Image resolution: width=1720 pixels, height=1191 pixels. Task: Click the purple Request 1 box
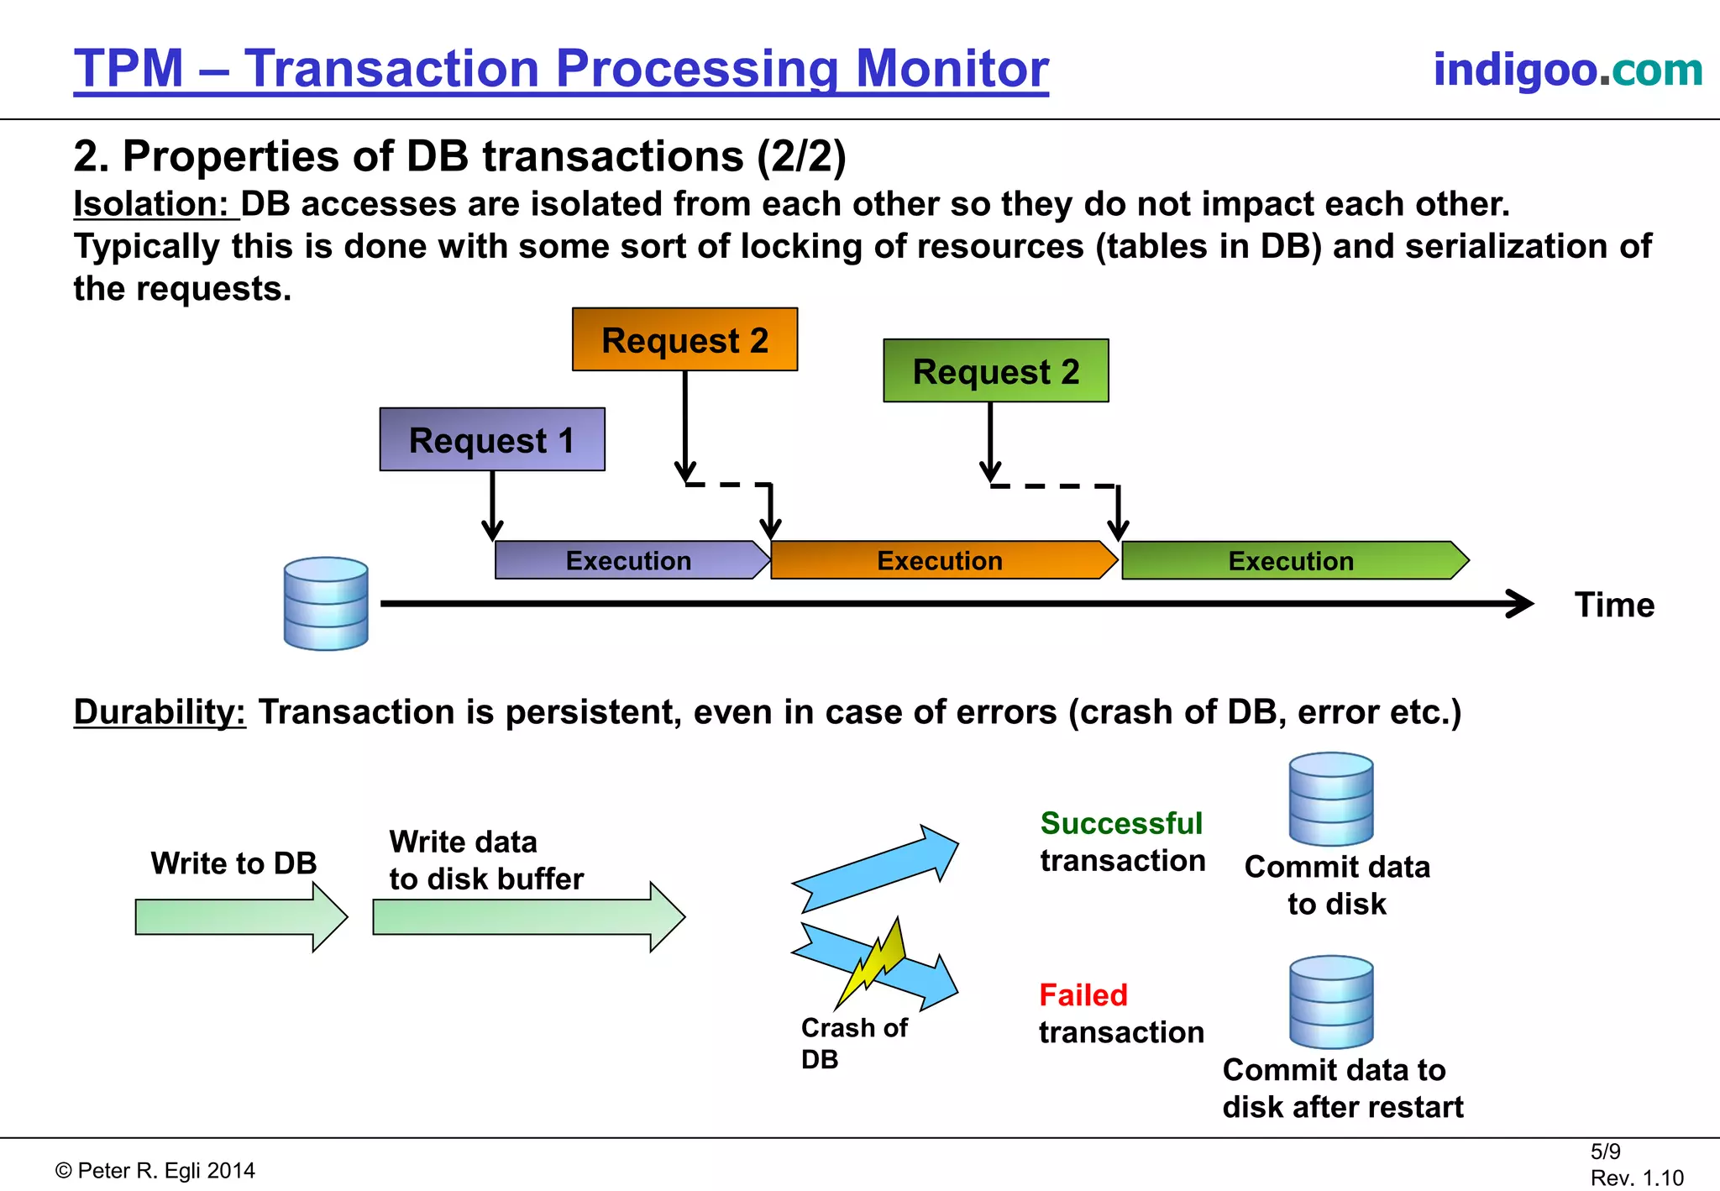tap(492, 439)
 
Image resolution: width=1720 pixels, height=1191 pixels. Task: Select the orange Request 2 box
tap(684, 339)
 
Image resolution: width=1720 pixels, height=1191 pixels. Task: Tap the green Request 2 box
tap(995, 370)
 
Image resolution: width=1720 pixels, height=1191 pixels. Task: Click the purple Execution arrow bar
tap(630, 560)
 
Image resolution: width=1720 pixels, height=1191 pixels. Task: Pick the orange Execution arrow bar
tap(941, 560)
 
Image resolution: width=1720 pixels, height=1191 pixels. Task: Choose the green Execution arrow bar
tap(1292, 560)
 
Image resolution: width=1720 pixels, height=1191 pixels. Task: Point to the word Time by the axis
tap(1613, 605)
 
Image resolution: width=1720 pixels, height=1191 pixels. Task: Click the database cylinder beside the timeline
tap(326, 603)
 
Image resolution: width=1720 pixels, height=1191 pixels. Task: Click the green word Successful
tap(1121, 823)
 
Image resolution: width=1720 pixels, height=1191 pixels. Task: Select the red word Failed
tap(1083, 995)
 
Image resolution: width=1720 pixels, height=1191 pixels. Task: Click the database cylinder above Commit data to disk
tap(1331, 799)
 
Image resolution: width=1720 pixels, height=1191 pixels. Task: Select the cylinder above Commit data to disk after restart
tap(1331, 1002)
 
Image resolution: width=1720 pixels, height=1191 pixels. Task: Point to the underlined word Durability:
tap(160, 712)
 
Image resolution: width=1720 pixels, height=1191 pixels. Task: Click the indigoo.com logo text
tap(1567, 69)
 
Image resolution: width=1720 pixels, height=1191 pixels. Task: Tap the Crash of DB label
tap(852, 1042)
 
